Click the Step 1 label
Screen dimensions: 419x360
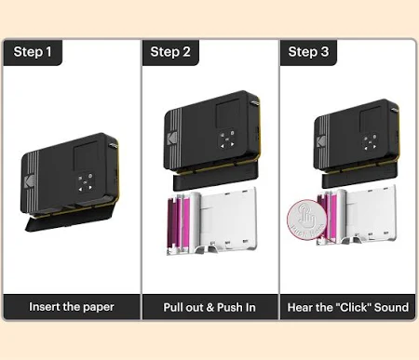pyautogui.click(x=33, y=52)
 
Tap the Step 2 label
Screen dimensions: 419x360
pyautogui.click(x=170, y=52)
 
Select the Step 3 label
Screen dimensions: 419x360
pyautogui.click(x=308, y=52)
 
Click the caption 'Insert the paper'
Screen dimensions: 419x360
pyautogui.click(x=72, y=307)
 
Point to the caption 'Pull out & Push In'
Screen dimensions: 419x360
pyautogui.click(x=209, y=307)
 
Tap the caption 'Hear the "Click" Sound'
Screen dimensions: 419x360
pyautogui.click(x=348, y=307)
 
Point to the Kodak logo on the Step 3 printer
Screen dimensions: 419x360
pyautogui.click(x=321, y=142)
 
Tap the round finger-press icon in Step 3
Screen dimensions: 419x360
pyautogui.click(x=307, y=220)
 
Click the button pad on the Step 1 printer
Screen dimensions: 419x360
pyautogui.click(x=86, y=182)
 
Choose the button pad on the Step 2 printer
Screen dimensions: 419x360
pyautogui.click(x=227, y=140)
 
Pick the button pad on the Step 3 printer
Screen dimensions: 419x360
pyautogui.click(x=370, y=141)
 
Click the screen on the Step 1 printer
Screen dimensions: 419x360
pyautogui.click(x=86, y=155)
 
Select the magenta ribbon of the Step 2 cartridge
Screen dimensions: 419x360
pyautogui.click(x=179, y=222)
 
